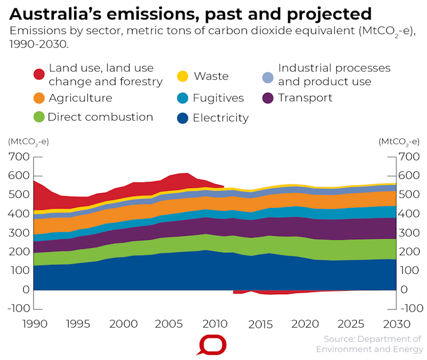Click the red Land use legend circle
pos(39,74)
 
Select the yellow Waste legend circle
pos(182,75)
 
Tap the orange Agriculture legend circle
pos(39,98)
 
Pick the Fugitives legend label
pos(218,98)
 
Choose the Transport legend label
pos(305,98)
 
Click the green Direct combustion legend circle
pos(39,117)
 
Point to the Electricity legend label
pos(220,118)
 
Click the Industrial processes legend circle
pos(268,77)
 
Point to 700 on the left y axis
pos(19,156)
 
